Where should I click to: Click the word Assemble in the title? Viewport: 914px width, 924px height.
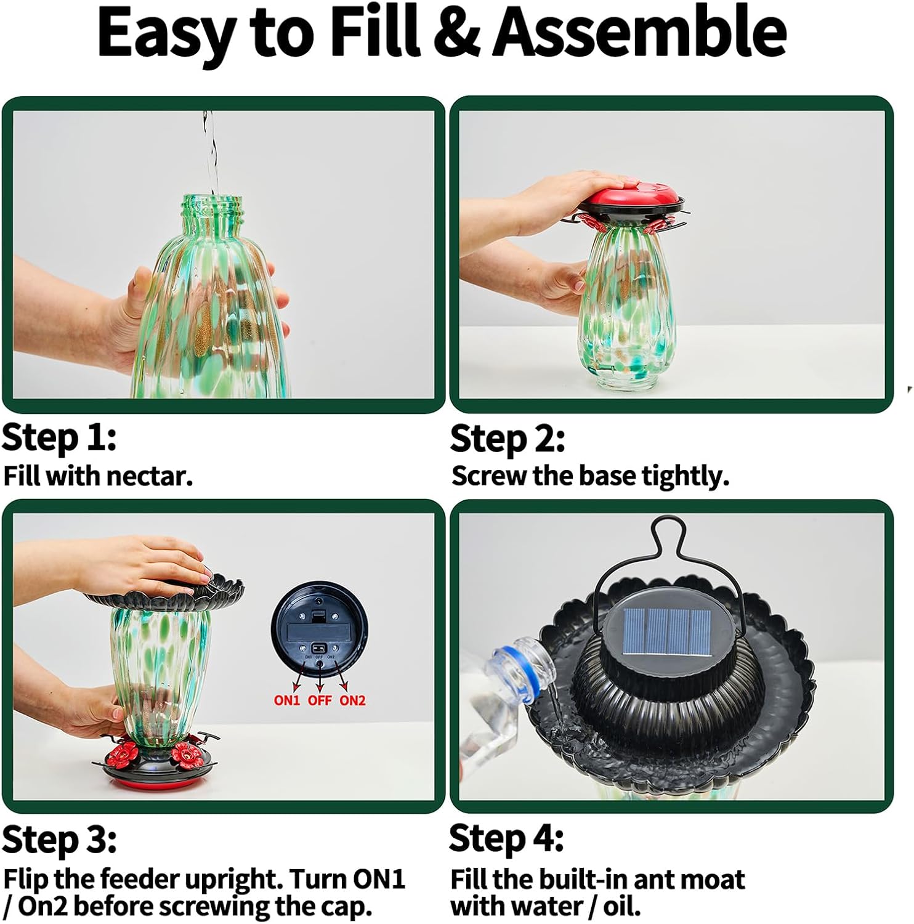640,32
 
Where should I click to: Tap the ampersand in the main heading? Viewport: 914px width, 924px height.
458,32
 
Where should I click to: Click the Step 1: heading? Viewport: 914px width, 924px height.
59,438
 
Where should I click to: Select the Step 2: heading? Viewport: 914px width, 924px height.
508,439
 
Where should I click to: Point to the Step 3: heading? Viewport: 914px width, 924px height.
59,840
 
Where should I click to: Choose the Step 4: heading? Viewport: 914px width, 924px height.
507,839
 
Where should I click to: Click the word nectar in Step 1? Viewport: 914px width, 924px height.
149,476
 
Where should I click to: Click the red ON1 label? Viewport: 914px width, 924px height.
286,700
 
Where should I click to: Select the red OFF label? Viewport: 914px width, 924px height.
320,700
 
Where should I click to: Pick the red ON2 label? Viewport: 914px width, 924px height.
352,700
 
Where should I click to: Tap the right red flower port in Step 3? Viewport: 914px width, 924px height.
185,752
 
